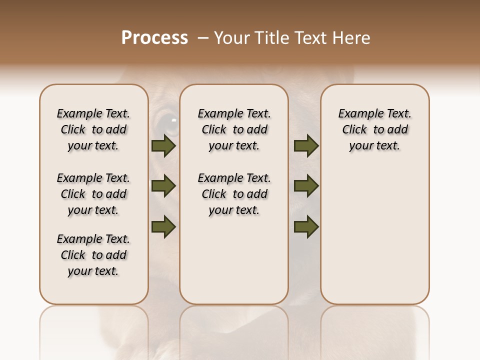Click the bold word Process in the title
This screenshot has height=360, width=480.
pyautogui.click(x=154, y=38)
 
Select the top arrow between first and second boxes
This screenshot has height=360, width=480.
pyautogui.click(x=163, y=146)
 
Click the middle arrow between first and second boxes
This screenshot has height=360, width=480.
pyautogui.click(x=163, y=186)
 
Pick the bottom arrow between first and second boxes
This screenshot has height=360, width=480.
pyautogui.click(x=163, y=226)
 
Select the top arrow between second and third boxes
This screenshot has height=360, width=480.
pyautogui.click(x=306, y=146)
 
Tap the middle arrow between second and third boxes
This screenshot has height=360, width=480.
pyautogui.click(x=306, y=186)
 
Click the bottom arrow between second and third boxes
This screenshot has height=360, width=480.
pyautogui.click(x=306, y=226)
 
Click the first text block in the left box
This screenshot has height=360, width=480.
pyautogui.click(x=93, y=129)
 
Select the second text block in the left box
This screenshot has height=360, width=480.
pyautogui.click(x=93, y=194)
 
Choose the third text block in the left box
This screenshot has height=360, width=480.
pyautogui.click(x=93, y=255)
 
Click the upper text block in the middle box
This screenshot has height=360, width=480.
pyautogui.click(x=234, y=129)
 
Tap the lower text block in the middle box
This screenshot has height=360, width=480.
pyautogui.click(x=234, y=194)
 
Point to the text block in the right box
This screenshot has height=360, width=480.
pyautogui.click(x=374, y=129)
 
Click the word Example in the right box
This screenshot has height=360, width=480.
pyautogui.click(x=356, y=114)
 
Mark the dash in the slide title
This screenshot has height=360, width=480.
pyautogui.click(x=202, y=38)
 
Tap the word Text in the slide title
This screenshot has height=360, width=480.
pyautogui.click(x=311, y=38)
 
